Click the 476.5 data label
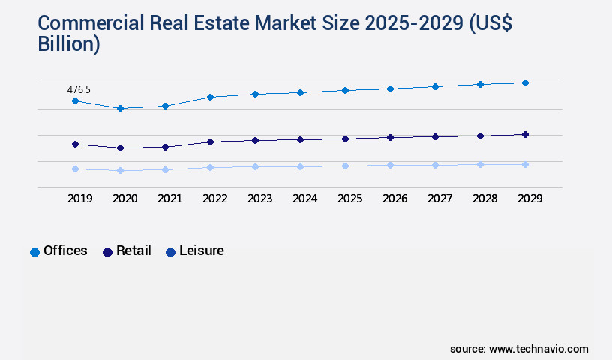click(x=79, y=89)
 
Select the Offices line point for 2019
click(x=75, y=100)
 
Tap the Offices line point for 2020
click(x=120, y=108)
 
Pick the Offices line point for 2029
click(x=525, y=82)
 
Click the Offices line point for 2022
click(x=210, y=97)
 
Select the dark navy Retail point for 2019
click(x=75, y=144)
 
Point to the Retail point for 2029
click(x=525, y=134)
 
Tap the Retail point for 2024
click(x=300, y=139)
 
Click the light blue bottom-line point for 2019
click(x=75, y=169)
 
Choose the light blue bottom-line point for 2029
click(x=525, y=164)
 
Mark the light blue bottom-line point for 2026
click(x=390, y=165)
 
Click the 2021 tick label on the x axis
click(x=169, y=199)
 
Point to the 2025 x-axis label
click(x=349, y=199)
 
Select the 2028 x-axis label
click(x=484, y=199)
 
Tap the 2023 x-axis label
click(x=259, y=199)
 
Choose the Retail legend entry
click(x=127, y=251)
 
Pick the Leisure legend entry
click(x=194, y=251)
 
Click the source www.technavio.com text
click(x=519, y=349)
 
